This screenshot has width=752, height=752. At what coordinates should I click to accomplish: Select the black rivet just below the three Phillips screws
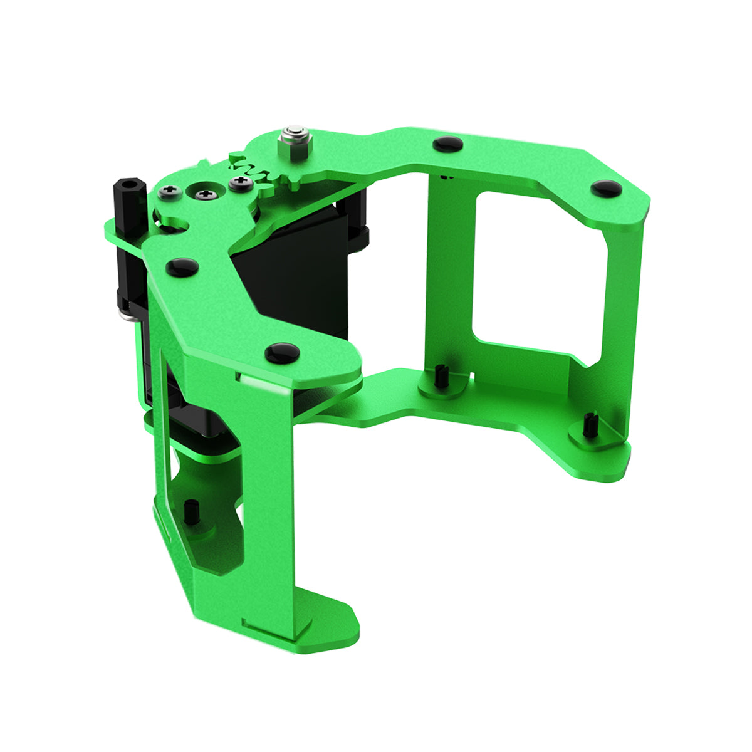[x=182, y=267]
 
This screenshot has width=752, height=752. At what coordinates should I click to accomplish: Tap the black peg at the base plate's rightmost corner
[x=588, y=426]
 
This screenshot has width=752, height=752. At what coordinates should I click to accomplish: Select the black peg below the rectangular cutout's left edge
[x=441, y=376]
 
